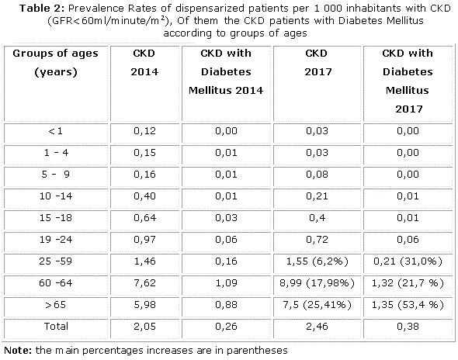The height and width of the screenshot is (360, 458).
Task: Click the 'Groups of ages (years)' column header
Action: tap(55, 63)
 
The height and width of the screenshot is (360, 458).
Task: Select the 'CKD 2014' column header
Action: tap(144, 63)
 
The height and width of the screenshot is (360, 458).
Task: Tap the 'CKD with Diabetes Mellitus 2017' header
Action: tap(408, 81)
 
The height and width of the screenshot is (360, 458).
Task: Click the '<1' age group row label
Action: tap(55, 131)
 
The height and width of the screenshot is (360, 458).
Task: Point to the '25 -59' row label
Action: tap(55, 261)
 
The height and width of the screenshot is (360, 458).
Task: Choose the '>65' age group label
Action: tap(55, 304)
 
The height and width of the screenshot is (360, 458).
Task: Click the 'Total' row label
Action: tap(56, 326)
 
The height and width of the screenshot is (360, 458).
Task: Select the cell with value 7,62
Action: tap(144, 282)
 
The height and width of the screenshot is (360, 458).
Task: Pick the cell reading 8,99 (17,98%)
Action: tap(317, 283)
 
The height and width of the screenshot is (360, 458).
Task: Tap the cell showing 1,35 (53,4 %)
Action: tap(408, 305)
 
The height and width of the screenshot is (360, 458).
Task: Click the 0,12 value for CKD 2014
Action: tap(144, 131)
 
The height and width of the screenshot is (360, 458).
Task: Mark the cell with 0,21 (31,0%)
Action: tap(408, 261)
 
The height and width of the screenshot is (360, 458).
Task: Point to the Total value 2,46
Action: tap(317, 327)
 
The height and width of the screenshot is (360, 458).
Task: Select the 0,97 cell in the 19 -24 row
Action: tap(144, 240)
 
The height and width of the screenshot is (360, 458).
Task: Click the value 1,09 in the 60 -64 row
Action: tap(226, 282)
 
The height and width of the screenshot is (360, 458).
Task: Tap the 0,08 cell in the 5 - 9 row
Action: tap(317, 175)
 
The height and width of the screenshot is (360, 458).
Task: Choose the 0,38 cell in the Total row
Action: tap(408, 327)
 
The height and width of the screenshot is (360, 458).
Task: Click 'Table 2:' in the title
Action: tap(42, 9)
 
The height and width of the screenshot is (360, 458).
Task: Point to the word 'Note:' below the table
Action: tap(18, 350)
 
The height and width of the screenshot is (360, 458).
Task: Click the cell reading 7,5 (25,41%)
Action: tap(317, 305)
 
